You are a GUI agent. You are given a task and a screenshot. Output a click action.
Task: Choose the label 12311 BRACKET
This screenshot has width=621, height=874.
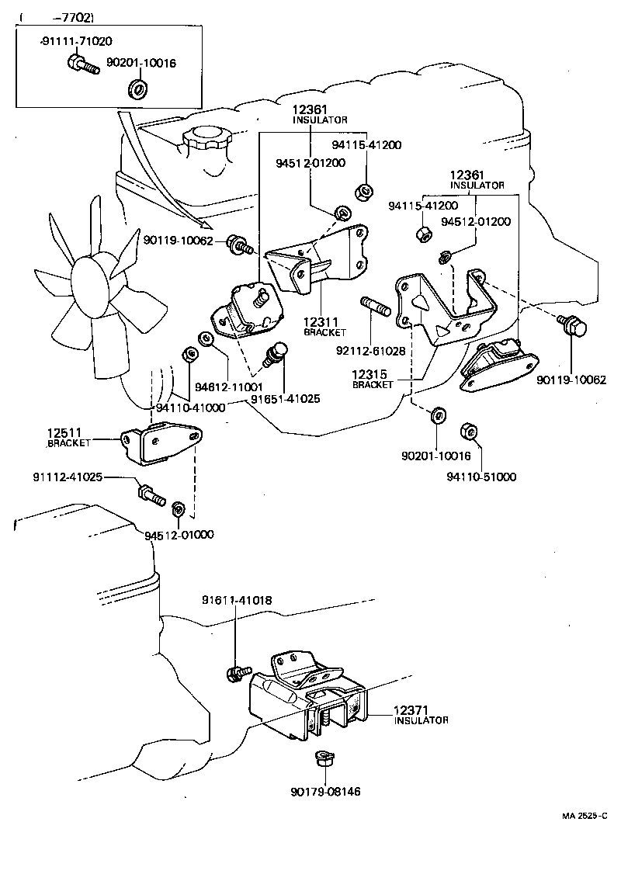[320, 326]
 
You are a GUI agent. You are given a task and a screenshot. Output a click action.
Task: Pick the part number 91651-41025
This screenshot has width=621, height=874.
[285, 399]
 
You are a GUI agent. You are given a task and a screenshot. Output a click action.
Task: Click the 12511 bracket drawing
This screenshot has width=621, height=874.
[161, 443]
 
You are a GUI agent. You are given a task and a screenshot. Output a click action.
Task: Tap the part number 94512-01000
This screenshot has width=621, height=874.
[179, 535]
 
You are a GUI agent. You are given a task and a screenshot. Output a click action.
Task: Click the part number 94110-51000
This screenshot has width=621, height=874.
[481, 477]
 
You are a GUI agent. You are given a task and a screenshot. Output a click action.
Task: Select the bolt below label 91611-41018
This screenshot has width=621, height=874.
[235, 673]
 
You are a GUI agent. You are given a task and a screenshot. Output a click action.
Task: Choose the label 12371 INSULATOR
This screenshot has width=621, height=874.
[420, 714]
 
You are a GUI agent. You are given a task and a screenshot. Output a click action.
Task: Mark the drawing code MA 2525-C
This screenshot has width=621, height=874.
[585, 816]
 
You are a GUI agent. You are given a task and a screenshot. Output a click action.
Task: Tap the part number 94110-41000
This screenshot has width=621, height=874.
[190, 408]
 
